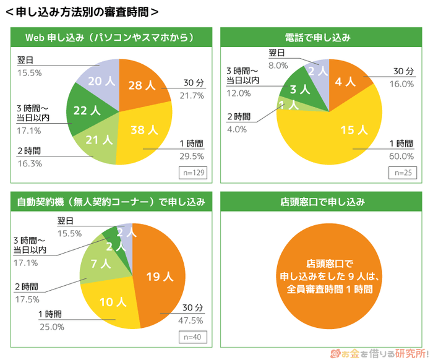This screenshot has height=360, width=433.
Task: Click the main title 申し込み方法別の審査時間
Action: [80, 12]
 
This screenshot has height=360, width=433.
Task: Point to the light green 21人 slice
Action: [99, 141]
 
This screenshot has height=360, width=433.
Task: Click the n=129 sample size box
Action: [192, 173]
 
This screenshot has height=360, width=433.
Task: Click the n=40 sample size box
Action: [192, 337]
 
